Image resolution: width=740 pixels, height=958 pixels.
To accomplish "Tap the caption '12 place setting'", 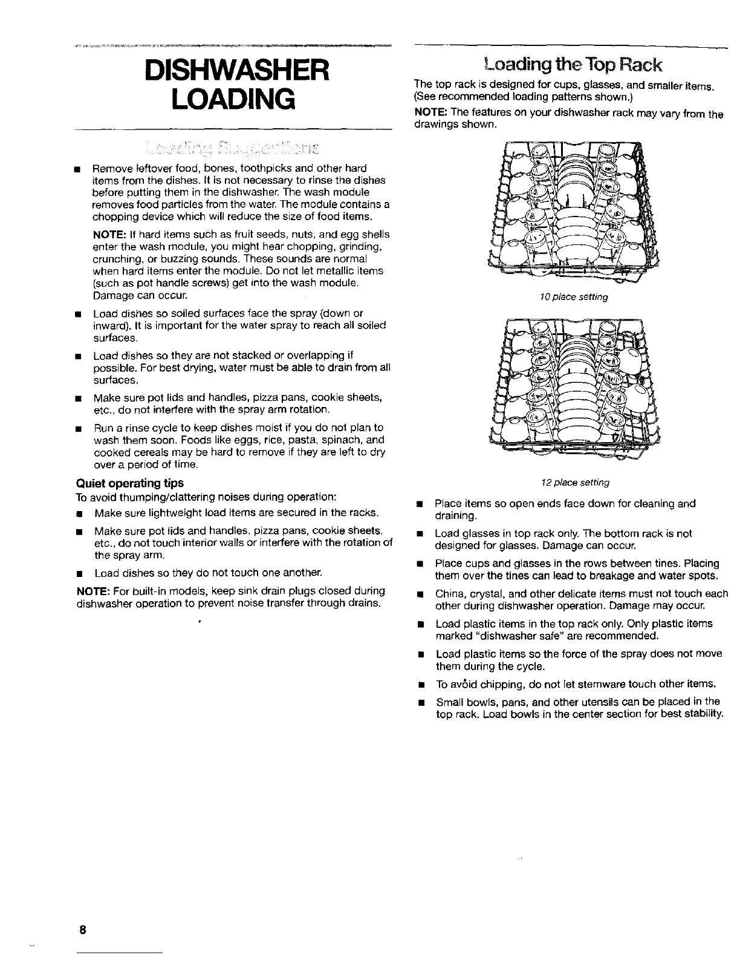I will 574,483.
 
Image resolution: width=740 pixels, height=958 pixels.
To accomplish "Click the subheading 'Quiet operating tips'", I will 129,483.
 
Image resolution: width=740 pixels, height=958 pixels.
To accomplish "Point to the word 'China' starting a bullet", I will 447,594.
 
